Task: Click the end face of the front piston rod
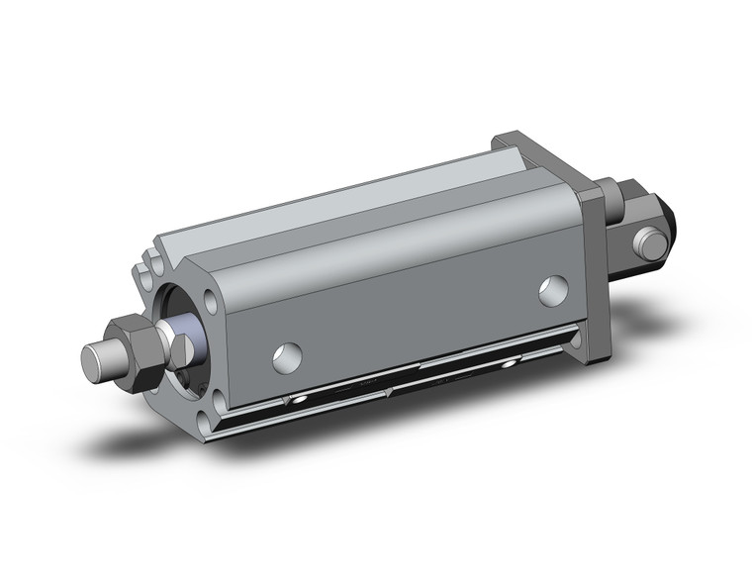point(94,361)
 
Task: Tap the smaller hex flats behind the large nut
point(180,348)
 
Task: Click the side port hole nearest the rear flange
point(554,290)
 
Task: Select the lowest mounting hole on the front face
point(205,425)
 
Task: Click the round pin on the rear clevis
point(649,242)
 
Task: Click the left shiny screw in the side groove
point(294,401)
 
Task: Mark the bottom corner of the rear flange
point(596,358)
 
